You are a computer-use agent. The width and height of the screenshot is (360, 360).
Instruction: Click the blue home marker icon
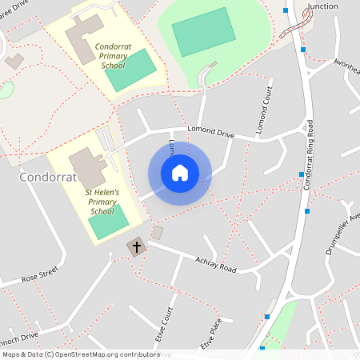click(179, 173)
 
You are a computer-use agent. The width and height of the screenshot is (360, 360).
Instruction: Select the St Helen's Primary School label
click(102, 202)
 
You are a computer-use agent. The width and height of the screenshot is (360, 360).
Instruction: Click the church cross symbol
click(136, 247)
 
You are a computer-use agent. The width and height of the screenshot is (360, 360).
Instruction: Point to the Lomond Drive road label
click(210, 132)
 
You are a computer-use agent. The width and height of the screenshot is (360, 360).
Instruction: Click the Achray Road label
click(216, 264)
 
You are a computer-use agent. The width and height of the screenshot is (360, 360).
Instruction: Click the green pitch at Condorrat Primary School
click(129, 70)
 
